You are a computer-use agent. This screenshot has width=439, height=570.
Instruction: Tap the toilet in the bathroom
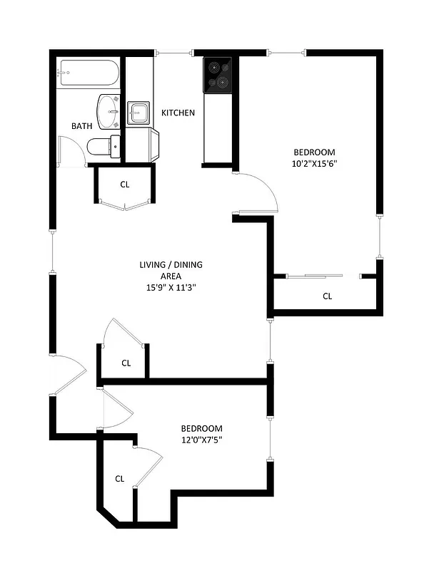click(103, 146)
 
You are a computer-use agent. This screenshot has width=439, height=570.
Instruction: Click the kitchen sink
click(138, 113)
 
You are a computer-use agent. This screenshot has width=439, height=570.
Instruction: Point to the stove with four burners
click(218, 75)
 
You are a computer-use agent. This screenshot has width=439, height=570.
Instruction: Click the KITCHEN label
click(178, 113)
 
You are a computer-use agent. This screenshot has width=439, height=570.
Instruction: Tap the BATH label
click(81, 126)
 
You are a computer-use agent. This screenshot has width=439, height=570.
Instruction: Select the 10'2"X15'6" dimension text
click(314, 163)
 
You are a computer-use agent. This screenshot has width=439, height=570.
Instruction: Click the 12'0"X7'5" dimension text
click(201, 440)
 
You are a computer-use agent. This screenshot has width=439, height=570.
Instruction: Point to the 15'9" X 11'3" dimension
click(171, 288)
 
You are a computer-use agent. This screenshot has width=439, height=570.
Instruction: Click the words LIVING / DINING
click(171, 265)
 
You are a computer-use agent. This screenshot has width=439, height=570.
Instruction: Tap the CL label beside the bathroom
click(125, 185)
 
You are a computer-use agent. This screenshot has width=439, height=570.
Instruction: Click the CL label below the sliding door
click(328, 296)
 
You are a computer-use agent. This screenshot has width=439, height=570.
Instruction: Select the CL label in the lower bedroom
click(120, 479)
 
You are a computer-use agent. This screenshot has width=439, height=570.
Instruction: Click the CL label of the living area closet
click(126, 363)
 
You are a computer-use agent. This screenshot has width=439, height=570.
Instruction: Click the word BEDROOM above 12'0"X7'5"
click(201, 428)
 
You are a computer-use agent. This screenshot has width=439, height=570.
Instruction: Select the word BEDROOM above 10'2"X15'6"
click(314, 152)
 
